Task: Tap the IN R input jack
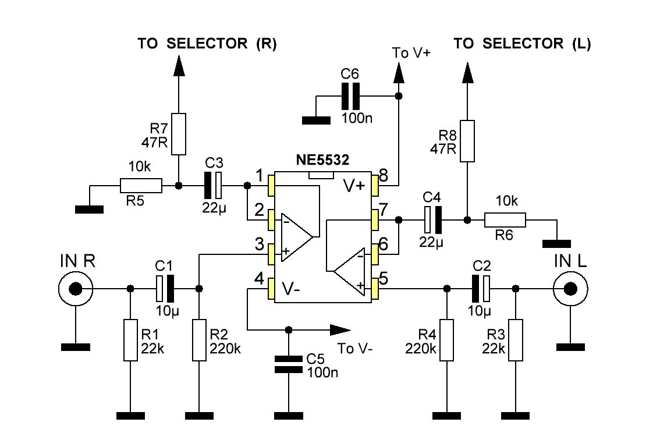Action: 75,289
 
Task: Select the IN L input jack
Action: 570,289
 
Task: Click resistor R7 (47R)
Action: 179,134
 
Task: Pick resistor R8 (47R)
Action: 467,141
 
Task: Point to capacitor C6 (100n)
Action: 350,96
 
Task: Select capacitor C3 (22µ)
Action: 212,186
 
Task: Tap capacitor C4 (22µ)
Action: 432,220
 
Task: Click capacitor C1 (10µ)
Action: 165,289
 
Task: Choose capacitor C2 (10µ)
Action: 480,289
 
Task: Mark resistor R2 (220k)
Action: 199,340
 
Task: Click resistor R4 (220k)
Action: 446,340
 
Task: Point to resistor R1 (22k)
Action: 130,340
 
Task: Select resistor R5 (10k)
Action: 141,186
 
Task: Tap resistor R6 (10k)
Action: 505,220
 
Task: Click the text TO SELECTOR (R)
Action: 207,44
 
